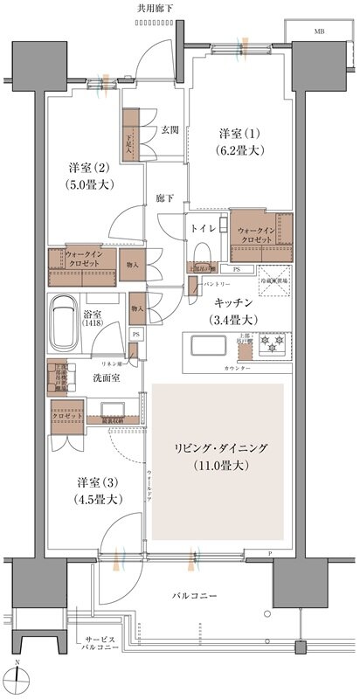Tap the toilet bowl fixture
pos(201,251)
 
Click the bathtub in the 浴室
pos(71,320)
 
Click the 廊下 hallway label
pos(163,198)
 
